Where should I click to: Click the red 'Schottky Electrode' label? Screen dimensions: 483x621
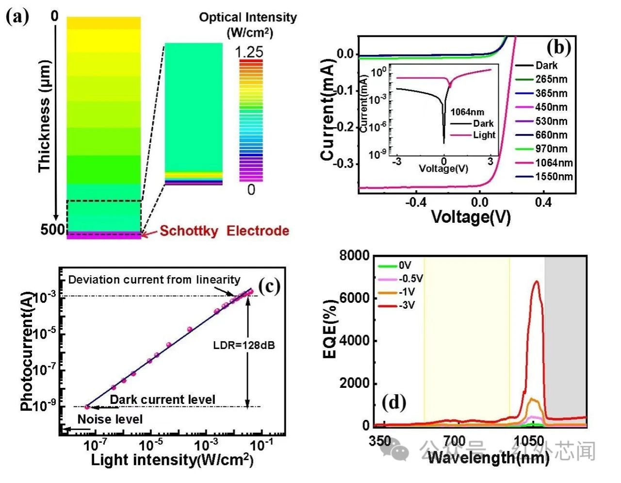point(224,231)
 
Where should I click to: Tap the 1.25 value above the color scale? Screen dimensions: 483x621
point(250,52)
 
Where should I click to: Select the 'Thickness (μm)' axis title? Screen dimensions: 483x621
point(45,116)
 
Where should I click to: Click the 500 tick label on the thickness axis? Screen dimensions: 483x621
point(52,229)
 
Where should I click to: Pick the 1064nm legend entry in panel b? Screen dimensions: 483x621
point(554,163)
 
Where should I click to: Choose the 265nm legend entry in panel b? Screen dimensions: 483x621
point(551,79)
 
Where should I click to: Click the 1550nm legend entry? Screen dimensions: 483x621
point(554,177)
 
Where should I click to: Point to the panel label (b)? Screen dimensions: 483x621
point(558,47)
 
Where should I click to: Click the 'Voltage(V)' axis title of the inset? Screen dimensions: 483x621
point(443,168)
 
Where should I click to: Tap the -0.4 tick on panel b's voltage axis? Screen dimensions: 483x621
point(416,202)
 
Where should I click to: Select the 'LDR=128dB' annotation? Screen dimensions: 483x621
point(244,346)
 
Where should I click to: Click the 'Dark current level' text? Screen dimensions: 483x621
point(163,400)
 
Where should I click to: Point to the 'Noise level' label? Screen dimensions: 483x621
point(110,419)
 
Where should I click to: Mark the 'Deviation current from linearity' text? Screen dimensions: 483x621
point(154,280)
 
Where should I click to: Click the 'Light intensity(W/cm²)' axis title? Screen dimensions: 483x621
point(172,460)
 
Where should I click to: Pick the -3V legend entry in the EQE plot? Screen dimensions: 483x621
point(407,305)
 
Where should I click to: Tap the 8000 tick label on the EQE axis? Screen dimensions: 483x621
point(354,255)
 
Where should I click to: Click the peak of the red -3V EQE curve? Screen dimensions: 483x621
point(536,281)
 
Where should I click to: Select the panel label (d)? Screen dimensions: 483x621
point(393,402)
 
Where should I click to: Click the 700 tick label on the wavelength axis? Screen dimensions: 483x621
point(454,441)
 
